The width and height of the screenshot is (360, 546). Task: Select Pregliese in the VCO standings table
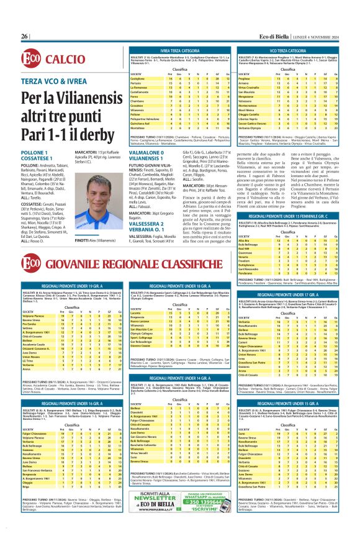250,79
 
